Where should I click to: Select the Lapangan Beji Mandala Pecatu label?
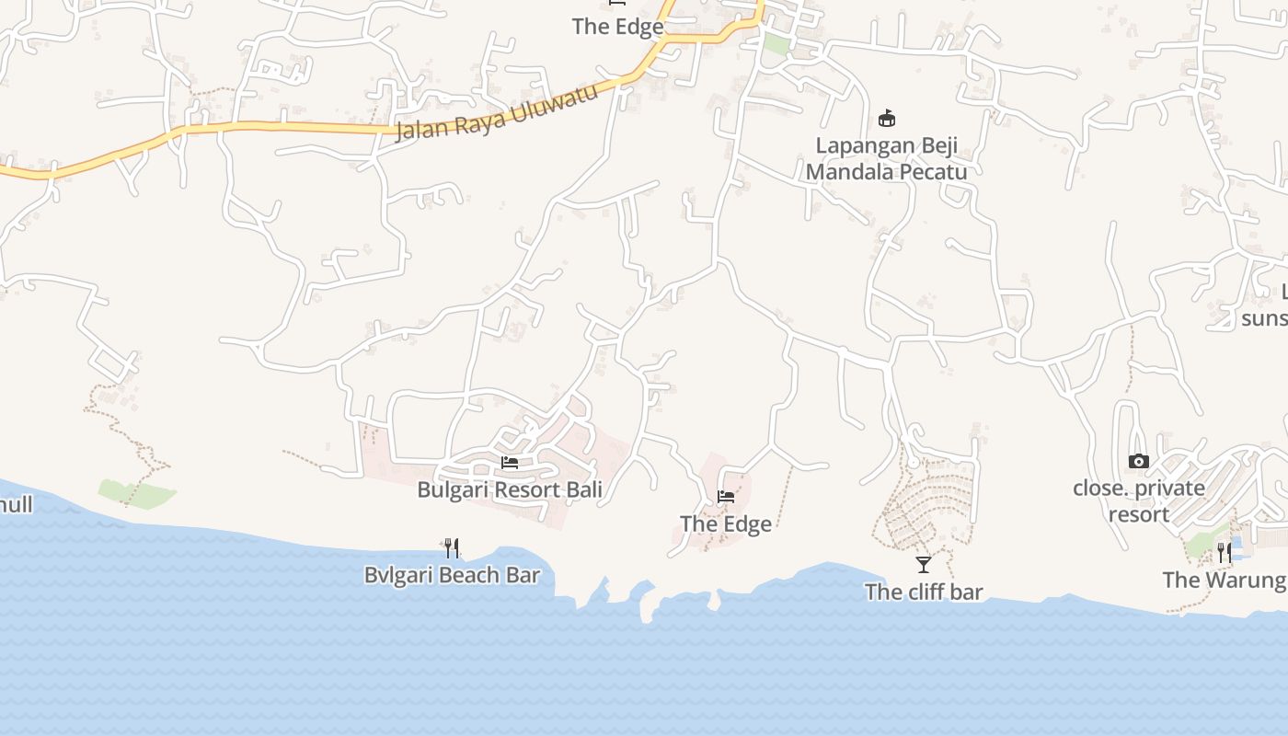click(x=887, y=158)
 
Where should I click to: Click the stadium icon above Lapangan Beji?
click(x=887, y=118)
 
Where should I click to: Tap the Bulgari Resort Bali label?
click(x=510, y=489)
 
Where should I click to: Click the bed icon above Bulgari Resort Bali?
click(x=510, y=462)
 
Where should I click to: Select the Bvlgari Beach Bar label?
click(x=452, y=575)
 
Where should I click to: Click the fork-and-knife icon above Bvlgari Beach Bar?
click(x=452, y=548)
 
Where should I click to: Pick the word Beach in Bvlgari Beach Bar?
click(x=464, y=575)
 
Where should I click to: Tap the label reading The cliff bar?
click(x=924, y=592)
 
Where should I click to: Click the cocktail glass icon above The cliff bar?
click(x=924, y=564)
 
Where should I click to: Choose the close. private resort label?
click(x=1139, y=500)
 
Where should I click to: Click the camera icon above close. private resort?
click(x=1139, y=461)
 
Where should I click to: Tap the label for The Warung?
click(x=1224, y=580)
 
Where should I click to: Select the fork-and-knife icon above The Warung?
click(x=1225, y=552)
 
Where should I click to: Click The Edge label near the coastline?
click(x=726, y=523)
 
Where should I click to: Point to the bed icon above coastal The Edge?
click(x=726, y=497)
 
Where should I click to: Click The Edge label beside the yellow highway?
click(x=617, y=27)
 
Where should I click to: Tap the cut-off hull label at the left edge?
click(x=17, y=504)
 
